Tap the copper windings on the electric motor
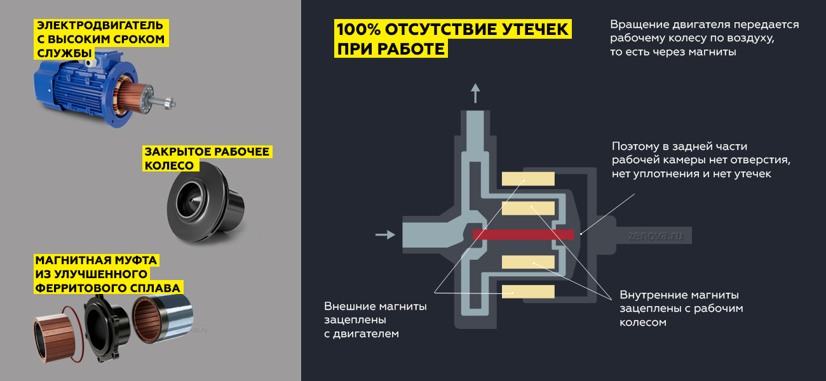pos(127,98)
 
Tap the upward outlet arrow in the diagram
pos(475,93)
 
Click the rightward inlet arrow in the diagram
pos(385,234)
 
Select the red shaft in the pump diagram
pos(524,235)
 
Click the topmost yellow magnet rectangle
pos(528,178)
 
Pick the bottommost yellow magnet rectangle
pos(528,291)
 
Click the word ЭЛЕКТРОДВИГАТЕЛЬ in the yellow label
pos(100,25)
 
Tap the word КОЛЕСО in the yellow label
pos(169,166)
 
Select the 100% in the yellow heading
pos(358,29)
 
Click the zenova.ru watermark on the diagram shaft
pos(656,236)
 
